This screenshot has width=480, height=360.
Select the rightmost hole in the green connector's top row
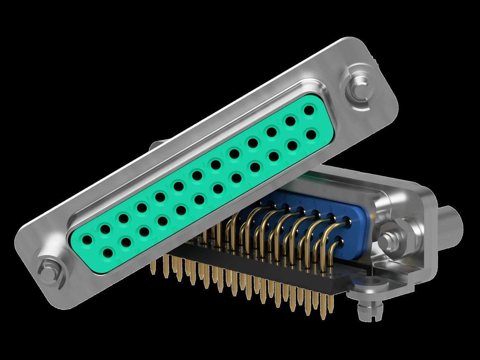pos(309,110)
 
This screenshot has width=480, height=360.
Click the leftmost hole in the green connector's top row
pos(87,239)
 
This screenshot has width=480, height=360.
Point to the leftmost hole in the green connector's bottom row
pos(107,252)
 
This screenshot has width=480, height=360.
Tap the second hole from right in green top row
pos(291,121)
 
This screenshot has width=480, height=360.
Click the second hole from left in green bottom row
pos(126,241)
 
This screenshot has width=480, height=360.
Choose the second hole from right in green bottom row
pos(292,145)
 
